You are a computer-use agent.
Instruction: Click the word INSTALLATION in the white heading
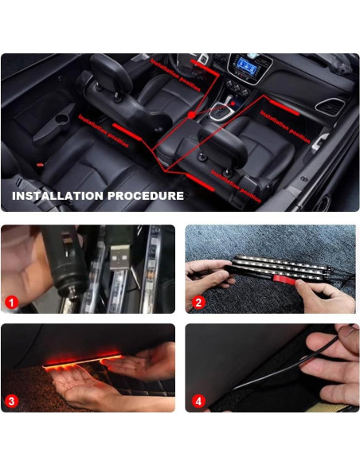57,196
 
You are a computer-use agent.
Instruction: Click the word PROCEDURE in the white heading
145,196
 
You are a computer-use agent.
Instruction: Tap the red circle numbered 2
198,303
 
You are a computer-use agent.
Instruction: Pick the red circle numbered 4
198,401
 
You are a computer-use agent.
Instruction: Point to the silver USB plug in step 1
121,255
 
